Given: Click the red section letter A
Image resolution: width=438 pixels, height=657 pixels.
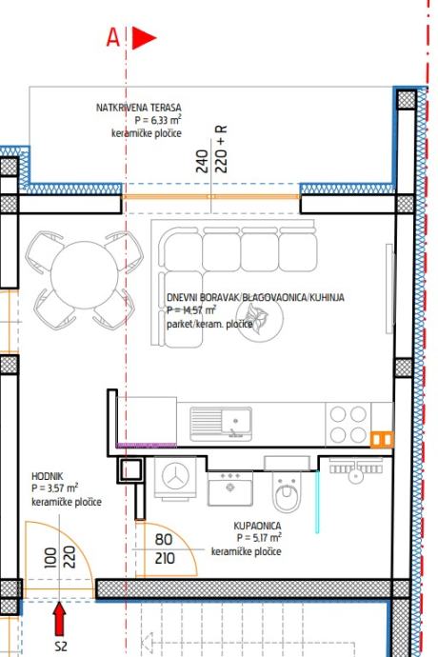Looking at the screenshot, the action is [112, 37].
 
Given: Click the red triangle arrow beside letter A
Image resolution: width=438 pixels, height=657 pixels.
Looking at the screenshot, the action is [144, 38].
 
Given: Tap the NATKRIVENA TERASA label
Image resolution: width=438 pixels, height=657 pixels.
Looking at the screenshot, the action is [139, 108].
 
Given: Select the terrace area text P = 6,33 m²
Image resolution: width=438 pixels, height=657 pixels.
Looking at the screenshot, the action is [158, 120].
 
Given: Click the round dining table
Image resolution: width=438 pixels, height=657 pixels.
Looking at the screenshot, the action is [84, 275].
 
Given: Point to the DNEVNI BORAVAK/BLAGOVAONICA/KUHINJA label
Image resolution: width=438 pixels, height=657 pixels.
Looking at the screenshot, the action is [255, 297].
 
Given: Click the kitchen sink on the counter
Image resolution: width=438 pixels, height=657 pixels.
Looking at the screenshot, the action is [221, 424].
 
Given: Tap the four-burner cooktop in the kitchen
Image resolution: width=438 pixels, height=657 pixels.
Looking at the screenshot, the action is [348, 425].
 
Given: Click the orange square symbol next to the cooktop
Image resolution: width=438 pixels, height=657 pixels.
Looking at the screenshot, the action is [382, 440].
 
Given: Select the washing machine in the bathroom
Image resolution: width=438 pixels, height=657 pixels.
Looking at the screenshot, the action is [175, 477].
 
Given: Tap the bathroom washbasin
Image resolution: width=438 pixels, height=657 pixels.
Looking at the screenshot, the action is [229, 488].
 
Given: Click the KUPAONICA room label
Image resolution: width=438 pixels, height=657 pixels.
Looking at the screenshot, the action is [257, 526].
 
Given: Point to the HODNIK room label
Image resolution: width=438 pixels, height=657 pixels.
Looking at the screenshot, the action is [48, 476].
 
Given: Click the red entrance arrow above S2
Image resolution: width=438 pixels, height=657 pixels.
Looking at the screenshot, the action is [60, 619].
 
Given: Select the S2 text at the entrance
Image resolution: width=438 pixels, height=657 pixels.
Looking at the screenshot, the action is [61, 646].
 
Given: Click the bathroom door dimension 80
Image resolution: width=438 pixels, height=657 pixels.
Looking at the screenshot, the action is [164, 539].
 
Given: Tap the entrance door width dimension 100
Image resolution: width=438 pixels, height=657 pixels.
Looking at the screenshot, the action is [50, 558].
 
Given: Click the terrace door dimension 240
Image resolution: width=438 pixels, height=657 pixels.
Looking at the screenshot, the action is [202, 161].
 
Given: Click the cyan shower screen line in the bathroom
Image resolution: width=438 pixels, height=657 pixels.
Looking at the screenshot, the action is [317, 502].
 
